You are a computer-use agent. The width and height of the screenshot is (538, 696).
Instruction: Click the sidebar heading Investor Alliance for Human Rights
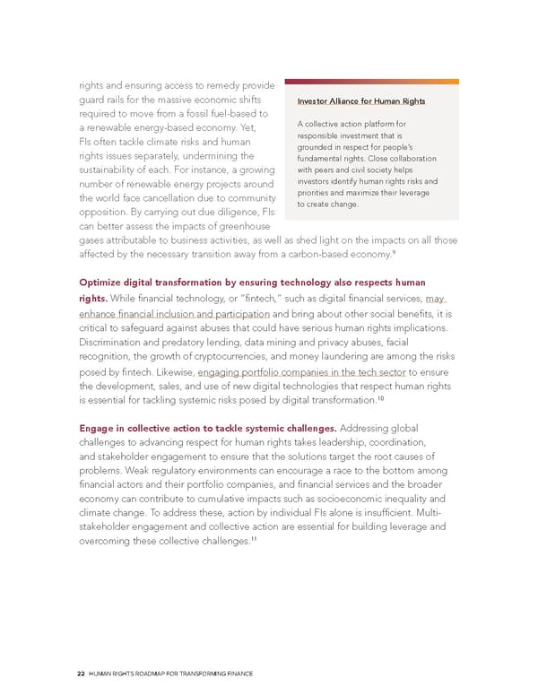362,100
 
